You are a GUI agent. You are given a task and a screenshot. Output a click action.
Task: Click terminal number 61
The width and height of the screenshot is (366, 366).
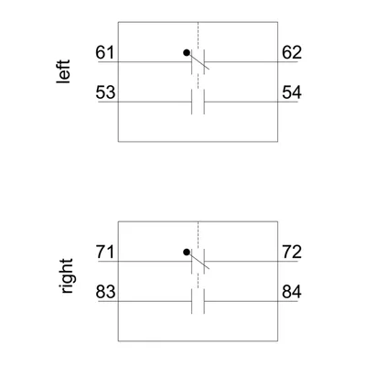coord(104,52)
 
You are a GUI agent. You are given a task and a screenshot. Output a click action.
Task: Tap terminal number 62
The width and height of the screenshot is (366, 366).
coord(292,52)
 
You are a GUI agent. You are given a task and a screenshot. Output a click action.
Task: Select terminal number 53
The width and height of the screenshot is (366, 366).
coord(105,92)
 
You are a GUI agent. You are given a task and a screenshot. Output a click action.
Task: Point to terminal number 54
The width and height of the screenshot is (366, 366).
coord(292,92)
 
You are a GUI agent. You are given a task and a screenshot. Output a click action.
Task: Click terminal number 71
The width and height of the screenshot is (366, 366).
coord(105,253)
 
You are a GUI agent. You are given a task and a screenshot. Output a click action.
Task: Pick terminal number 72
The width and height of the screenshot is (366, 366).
coord(292,253)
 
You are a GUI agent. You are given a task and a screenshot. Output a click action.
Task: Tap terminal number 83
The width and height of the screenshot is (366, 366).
coord(105,292)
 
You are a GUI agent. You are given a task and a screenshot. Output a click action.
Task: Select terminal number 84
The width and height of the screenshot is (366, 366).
coord(292,292)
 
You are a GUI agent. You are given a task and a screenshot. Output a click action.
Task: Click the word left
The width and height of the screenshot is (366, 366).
coord(63,71)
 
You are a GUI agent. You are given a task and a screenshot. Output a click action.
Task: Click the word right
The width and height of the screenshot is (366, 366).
coord(66,276)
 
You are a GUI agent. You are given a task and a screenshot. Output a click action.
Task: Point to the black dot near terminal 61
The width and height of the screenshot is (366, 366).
coord(187,53)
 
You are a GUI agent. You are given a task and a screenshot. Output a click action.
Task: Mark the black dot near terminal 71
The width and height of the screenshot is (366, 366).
coord(187,253)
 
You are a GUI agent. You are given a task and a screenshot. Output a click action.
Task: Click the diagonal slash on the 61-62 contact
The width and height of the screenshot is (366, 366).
coord(198,61)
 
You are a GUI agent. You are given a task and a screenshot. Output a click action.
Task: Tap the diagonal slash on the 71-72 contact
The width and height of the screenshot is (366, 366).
coord(198,261)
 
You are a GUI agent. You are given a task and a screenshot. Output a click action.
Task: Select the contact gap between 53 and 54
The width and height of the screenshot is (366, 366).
coord(198,102)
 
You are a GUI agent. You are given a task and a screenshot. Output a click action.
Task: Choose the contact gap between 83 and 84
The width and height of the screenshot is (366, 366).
coord(198,301)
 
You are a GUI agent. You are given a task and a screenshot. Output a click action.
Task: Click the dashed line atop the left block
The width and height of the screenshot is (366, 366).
coord(198,35)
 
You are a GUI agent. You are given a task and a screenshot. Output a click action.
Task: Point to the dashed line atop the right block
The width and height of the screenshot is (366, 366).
coord(198,234)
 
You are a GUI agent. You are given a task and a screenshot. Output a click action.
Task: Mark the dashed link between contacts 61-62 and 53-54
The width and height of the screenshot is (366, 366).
coord(198,81)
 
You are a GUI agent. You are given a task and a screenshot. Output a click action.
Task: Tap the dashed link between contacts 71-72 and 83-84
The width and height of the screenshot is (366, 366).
coord(198,281)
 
